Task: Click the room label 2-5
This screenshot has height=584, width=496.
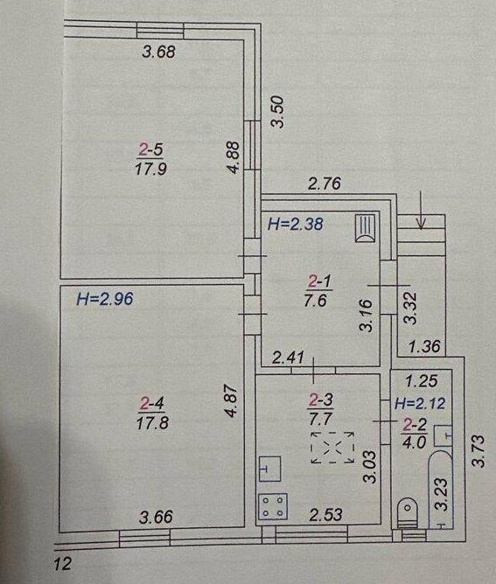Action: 151,150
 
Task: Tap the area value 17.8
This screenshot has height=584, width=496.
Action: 152,423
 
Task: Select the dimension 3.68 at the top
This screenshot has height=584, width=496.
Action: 158,52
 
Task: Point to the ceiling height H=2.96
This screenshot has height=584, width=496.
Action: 105,299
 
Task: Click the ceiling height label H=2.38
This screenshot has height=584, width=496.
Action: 295,224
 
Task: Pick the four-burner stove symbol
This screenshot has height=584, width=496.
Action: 273,506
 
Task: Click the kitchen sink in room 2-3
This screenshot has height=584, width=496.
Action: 269,469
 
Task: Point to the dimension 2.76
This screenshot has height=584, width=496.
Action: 325,184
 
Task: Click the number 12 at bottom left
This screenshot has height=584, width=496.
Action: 62,564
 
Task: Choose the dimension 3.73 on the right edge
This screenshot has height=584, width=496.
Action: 479,450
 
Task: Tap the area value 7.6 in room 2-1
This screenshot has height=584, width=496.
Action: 315,300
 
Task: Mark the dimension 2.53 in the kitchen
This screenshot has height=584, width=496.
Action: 325,514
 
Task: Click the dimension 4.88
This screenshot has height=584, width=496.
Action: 234,156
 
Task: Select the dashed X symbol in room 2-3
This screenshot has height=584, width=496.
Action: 332,448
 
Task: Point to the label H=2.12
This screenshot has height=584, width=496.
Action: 420,403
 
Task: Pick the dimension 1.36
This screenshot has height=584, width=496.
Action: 425,347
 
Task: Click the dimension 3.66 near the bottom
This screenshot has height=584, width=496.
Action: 156,517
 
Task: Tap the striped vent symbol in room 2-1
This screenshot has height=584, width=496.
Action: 365,228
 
